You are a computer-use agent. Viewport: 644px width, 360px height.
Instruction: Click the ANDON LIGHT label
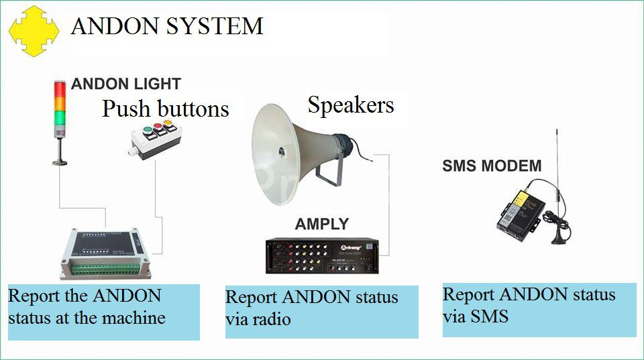[126, 84]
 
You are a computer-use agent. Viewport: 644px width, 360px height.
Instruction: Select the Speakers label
[350, 105]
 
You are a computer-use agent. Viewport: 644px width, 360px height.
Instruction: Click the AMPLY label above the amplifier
[322, 224]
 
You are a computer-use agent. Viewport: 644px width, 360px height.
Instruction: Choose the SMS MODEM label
[492, 166]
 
